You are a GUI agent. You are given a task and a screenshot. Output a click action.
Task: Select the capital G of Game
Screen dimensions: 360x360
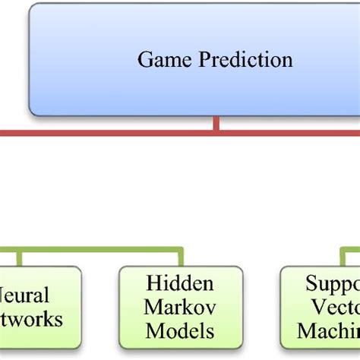pos(145,58)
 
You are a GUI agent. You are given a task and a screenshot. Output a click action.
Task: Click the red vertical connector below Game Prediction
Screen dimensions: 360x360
pos(217,123)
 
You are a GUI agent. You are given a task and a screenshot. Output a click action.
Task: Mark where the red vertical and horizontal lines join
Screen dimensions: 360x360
pos(217,133)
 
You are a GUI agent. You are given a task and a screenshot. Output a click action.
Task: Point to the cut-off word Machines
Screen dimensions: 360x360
pos(328,331)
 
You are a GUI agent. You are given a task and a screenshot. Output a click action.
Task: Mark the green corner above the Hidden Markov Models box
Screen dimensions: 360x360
pos(181,248)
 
